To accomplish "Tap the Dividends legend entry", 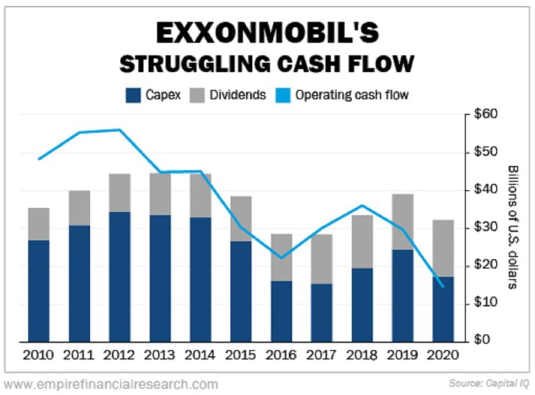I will [x=231, y=95].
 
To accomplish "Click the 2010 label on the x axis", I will [x=39, y=355].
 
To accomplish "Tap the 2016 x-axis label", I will [x=281, y=355].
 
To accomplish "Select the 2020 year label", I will [x=443, y=355].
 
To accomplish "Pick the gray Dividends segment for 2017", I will [x=322, y=259].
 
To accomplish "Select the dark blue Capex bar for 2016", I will [x=281, y=311].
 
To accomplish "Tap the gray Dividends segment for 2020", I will [x=443, y=248].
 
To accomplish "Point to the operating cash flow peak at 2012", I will [x=120, y=129].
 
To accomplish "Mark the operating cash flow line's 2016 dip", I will [x=281, y=258].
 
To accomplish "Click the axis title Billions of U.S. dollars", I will [x=513, y=227].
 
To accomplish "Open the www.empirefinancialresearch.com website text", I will [x=111, y=384].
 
